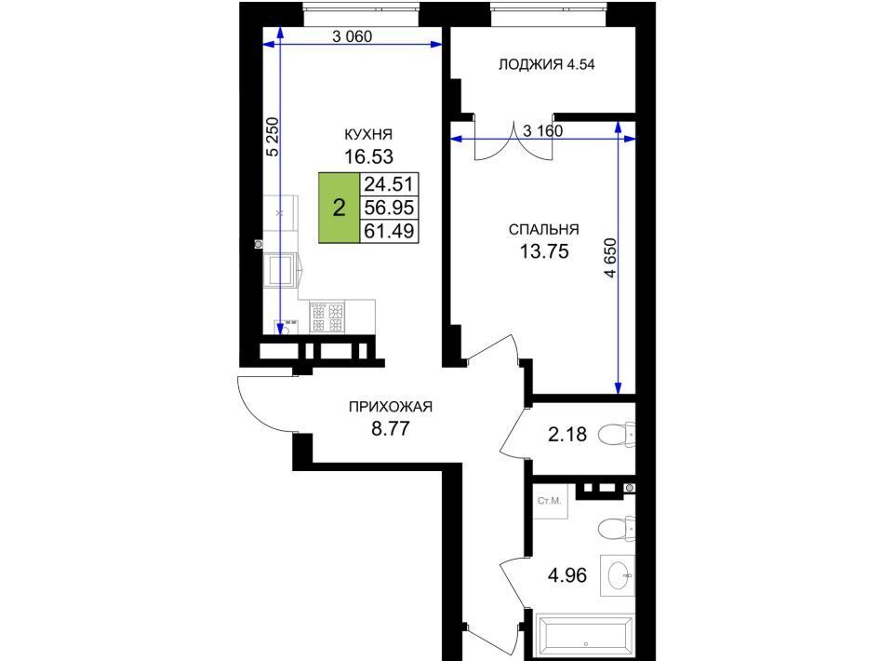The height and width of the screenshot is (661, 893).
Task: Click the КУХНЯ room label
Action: (x=368, y=134)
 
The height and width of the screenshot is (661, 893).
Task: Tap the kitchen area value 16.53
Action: (x=368, y=156)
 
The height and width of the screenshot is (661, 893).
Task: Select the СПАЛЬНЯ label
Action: (x=543, y=230)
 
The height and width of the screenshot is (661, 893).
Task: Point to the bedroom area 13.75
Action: (x=544, y=251)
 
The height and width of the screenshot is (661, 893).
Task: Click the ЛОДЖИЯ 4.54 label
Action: (x=546, y=64)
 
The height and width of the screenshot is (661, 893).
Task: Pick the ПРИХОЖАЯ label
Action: (x=390, y=407)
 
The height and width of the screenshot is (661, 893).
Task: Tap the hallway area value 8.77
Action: (x=390, y=428)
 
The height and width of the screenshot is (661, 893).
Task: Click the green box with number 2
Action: (x=339, y=208)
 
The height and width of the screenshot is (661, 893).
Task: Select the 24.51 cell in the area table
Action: (x=389, y=184)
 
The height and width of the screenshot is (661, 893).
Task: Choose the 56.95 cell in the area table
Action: (x=389, y=208)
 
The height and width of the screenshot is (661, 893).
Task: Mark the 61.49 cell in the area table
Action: (x=389, y=231)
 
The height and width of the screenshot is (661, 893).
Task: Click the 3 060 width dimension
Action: (x=352, y=36)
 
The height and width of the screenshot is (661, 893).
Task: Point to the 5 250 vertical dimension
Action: (x=273, y=137)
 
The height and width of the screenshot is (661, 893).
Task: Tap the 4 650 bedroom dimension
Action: (x=610, y=258)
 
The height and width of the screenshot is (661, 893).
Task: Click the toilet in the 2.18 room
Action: (x=616, y=435)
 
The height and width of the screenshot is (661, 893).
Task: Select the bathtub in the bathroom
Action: (x=585, y=637)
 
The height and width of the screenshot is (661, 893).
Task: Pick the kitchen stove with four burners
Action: (x=327, y=317)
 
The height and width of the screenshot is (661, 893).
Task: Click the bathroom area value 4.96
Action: (x=567, y=575)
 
